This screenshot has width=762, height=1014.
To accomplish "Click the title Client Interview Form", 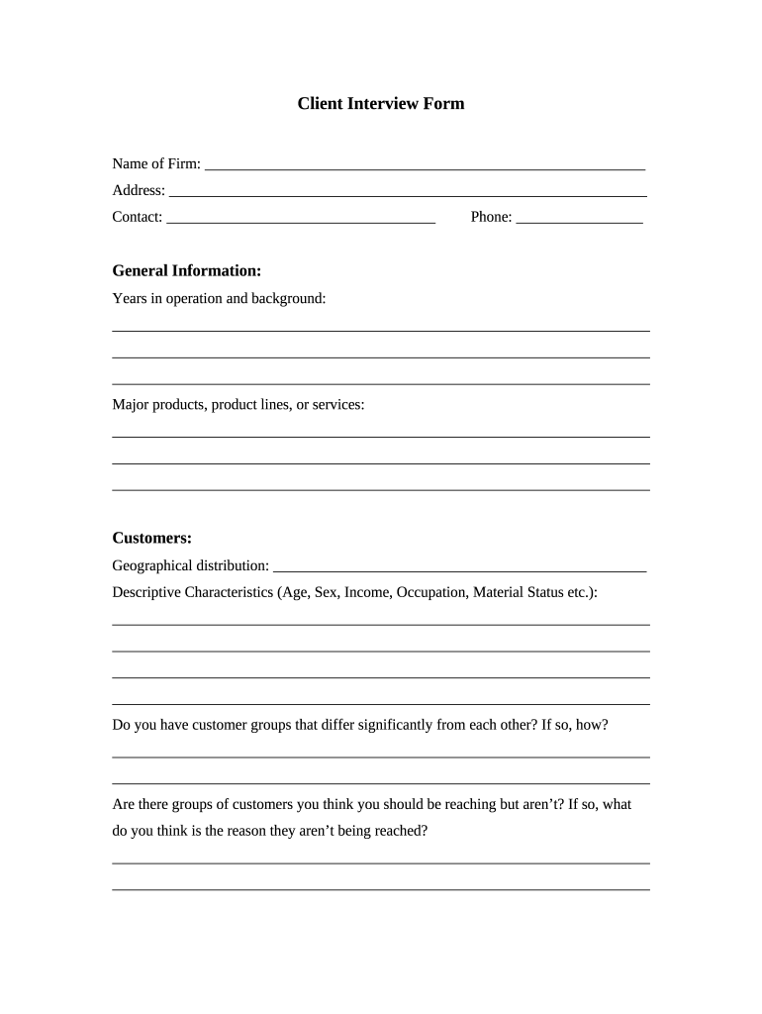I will coord(381,103).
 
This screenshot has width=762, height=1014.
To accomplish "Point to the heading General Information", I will coord(187,270).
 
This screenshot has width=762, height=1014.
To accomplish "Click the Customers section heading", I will coord(151,538).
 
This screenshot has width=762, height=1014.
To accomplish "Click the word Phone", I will coord(490,217).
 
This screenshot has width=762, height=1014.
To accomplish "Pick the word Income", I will coord(368,592).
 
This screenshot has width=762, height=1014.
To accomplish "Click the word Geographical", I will coord(152,565).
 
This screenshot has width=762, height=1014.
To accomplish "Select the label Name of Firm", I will coord(155,163).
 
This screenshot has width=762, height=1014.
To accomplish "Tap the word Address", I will coord(138,190).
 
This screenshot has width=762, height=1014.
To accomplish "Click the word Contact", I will coord(137,217).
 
